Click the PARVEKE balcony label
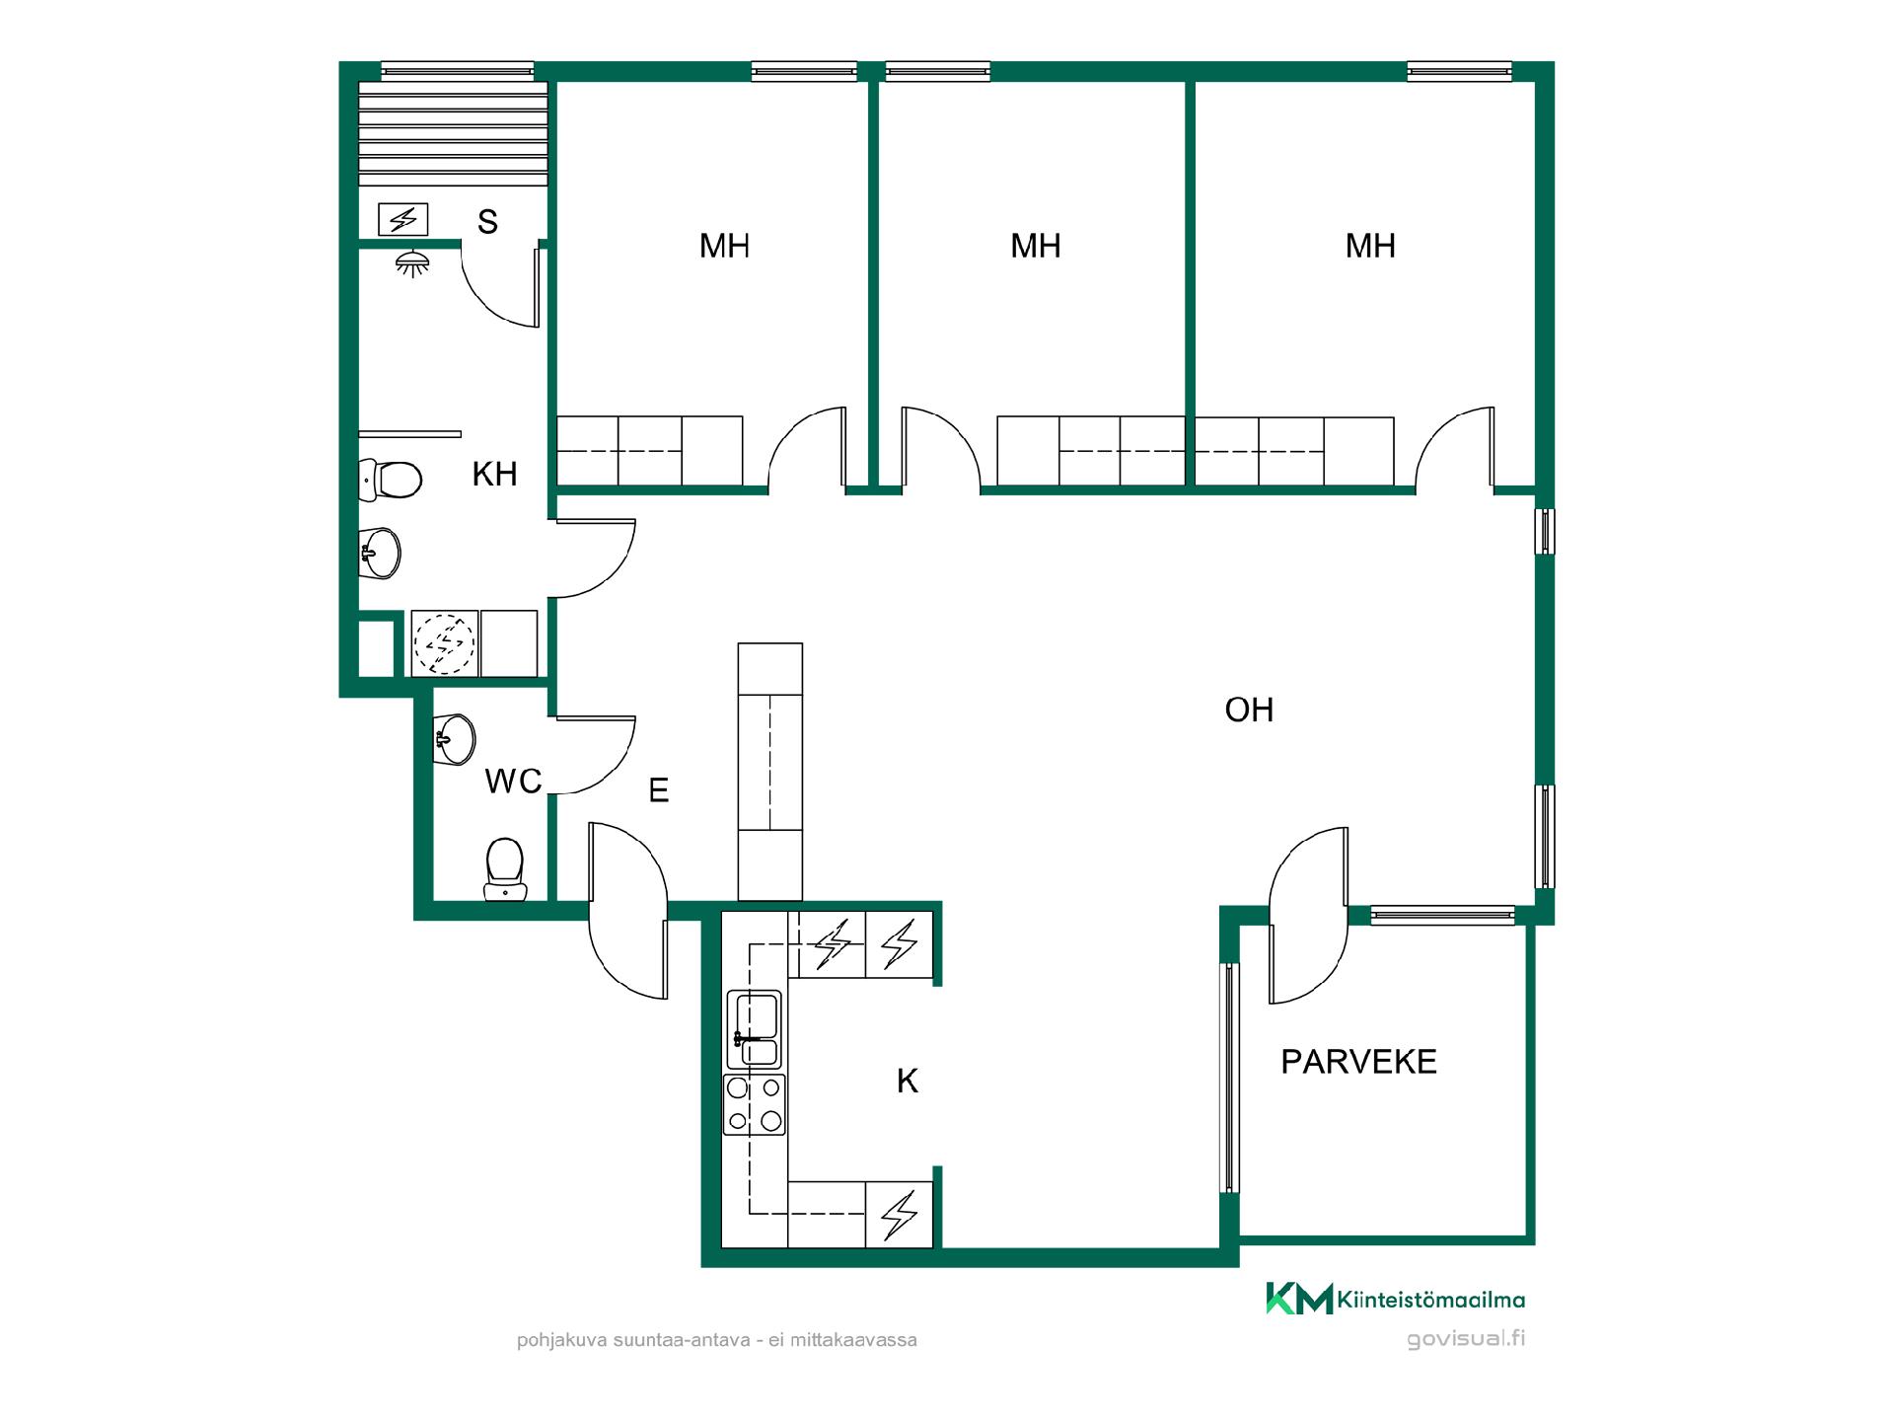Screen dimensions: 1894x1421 click(x=1358, y=1062)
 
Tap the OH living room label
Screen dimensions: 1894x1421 click(x=1249, y=710)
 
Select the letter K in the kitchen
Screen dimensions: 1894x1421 click(x=908, y=1082)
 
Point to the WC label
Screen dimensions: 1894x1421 click(x=513, y=781)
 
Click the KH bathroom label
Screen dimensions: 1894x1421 click(x=494, y=474)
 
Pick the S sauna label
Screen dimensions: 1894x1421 click(x=487, y=222)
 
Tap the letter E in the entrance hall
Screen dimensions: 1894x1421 click(x=659, y=790)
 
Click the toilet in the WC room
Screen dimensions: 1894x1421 click(x=505, y=869)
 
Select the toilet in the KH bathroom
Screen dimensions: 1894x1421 click(x=390, y=480)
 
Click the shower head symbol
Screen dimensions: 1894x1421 click(x=413, y=262)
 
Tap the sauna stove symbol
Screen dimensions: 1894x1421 click(x=403, y=219)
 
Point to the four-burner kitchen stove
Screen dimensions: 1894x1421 click(x=755, y=1104)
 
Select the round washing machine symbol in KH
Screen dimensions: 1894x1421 click(x=444, y=643)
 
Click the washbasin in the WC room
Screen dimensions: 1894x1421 click(x=455, y=739)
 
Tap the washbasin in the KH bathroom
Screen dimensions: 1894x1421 click(x=380, y=553)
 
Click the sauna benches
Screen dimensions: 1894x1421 click(x=453, y=133)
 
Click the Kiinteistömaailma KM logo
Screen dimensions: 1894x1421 click(x=1396, y=1299)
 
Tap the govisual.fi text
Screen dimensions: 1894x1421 click(x=1466, y=1339)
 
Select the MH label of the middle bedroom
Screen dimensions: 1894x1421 click(x=1036, y=246)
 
